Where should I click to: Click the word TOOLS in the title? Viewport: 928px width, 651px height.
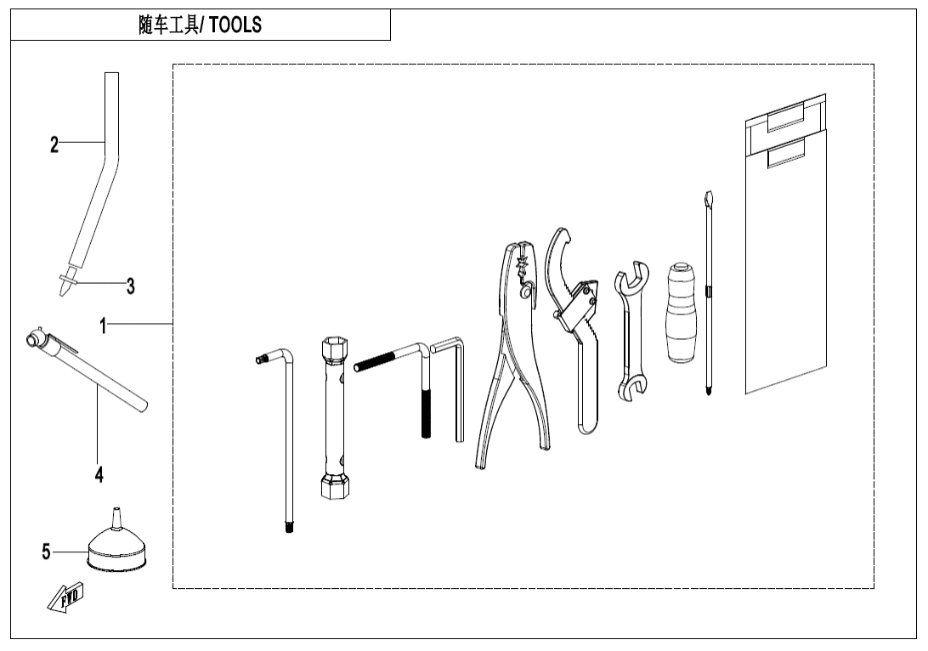(x=235, y=25)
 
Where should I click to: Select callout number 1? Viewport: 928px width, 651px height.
(x=103, y=325)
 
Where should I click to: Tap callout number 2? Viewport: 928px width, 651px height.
(x=54, y=144)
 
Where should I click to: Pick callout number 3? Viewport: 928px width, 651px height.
(x=130, y=286)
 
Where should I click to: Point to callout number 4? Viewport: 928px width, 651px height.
(x=99, y=475)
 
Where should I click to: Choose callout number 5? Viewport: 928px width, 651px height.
(x=47, y=552)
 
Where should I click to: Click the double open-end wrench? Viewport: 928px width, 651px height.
(x=630, y=336)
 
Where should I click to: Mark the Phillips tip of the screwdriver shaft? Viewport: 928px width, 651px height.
(x=706, y=388)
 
